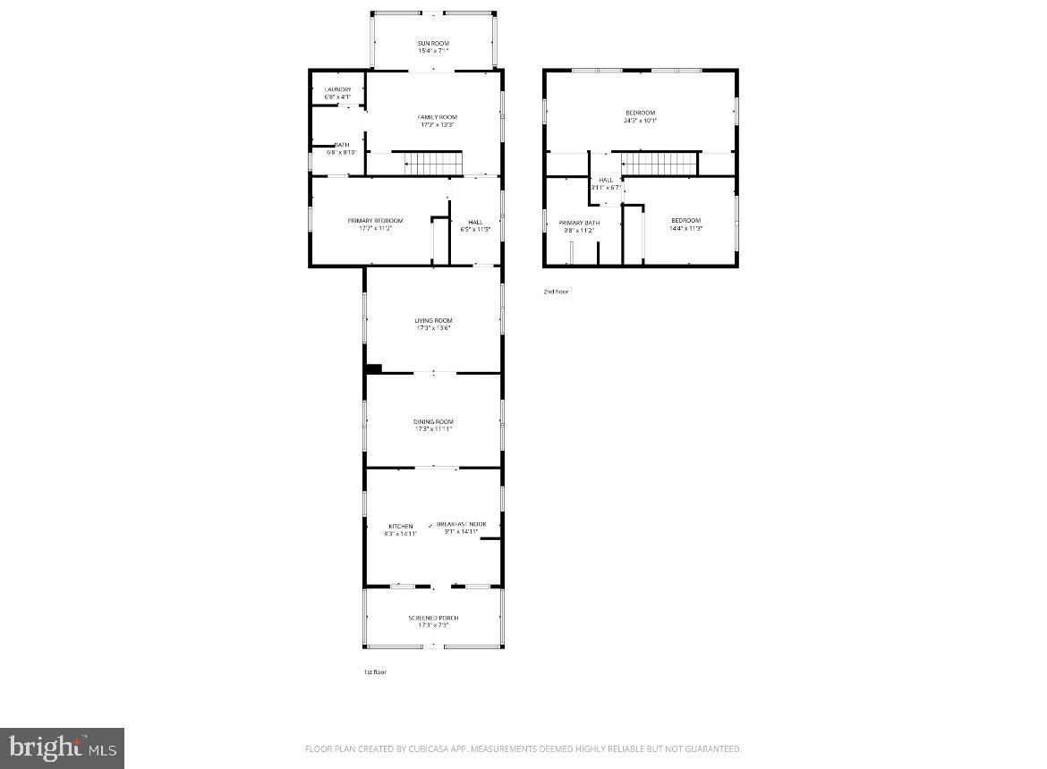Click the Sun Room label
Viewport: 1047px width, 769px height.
click(x=433, y=43)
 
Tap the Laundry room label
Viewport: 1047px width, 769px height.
click(x=337, y=89)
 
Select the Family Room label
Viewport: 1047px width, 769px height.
click(x=437, y=117)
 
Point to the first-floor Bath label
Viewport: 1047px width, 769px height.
click(x=342, y=145)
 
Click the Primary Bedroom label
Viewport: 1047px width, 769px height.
click(x=375, y=221)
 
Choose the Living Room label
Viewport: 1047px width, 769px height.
click(x=433, y=320)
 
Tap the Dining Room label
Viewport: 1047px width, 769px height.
click(x=433, y=421)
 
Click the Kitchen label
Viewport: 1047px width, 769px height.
click(x=400, y=526)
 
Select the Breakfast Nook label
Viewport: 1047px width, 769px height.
click(x=462, y=524)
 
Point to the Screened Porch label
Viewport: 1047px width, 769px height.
click(x=433, y=618)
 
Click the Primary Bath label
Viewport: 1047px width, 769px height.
click(x=579, y=223)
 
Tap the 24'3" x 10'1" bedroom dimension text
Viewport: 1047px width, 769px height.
click(x=641, y=121)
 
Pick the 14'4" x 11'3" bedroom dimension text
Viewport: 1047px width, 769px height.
click(x=686, y=229)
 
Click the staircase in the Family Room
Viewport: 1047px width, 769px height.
click(x=433, y=164)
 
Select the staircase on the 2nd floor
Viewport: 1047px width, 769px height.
click(x=660, y=164)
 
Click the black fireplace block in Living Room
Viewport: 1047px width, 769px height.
click(x=374, y=368)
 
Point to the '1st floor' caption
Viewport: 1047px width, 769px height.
click(x=375, y=672)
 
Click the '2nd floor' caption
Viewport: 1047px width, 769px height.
click(x=556, y=292)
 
